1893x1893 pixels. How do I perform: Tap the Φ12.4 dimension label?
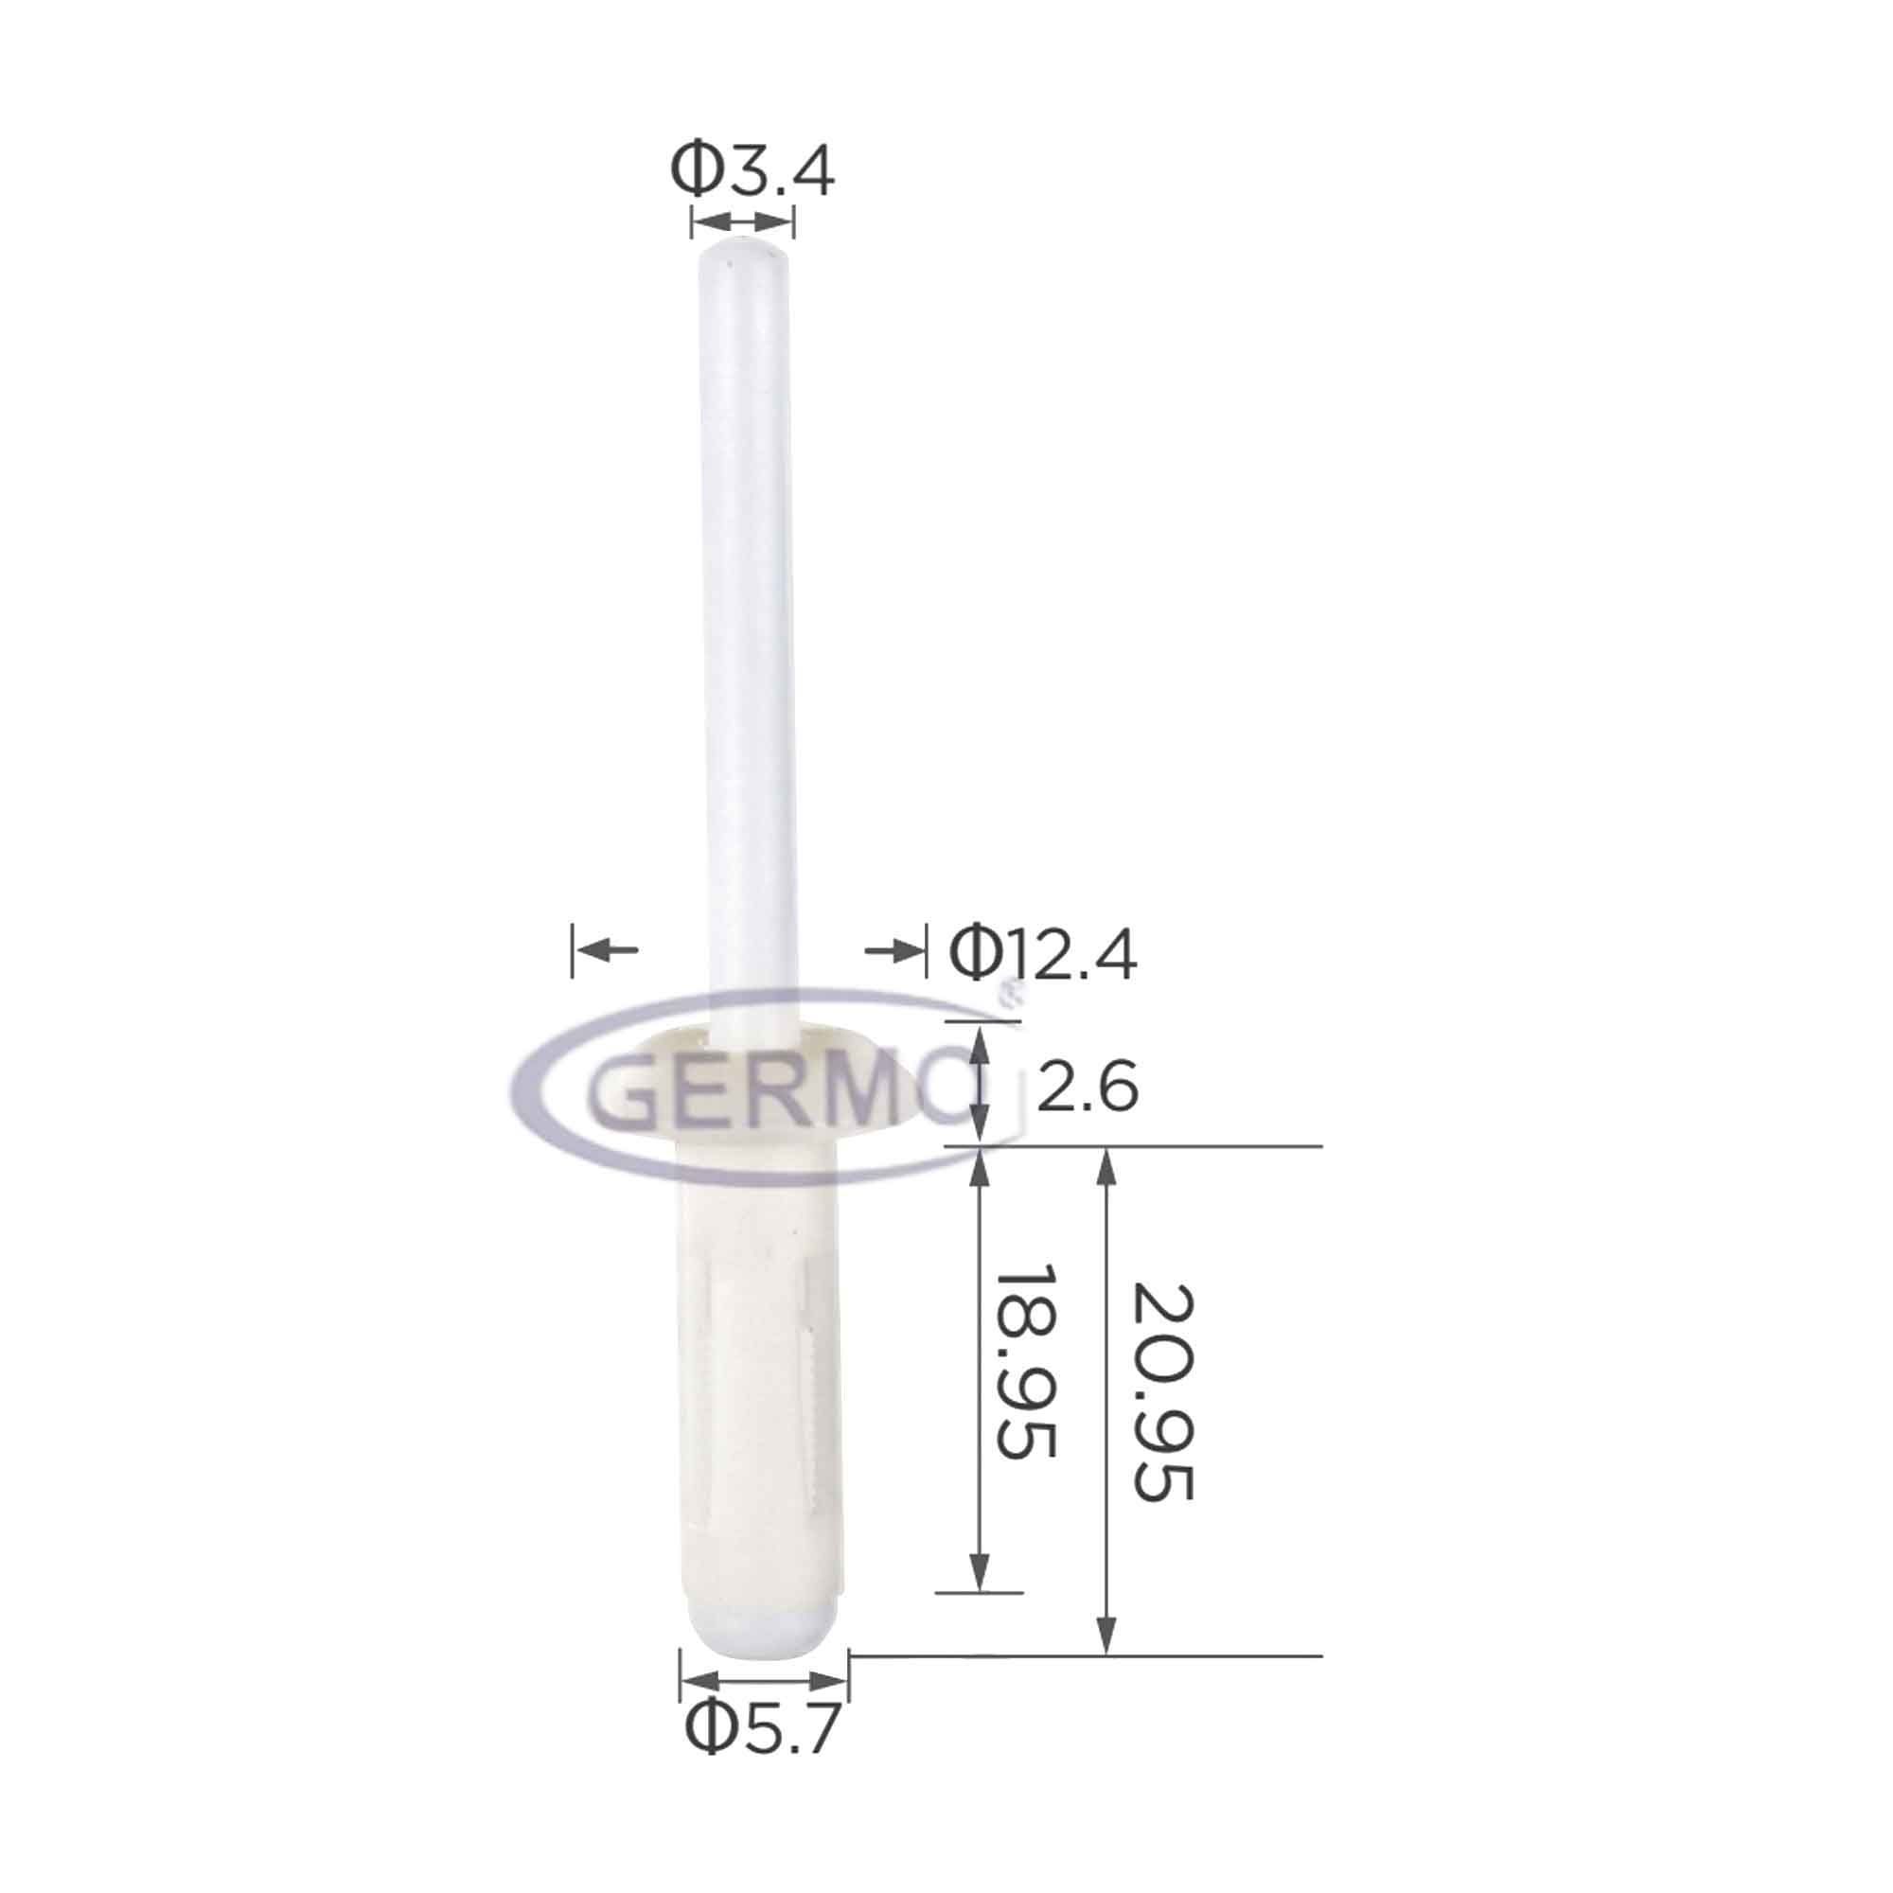click(x=1043, y=954)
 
